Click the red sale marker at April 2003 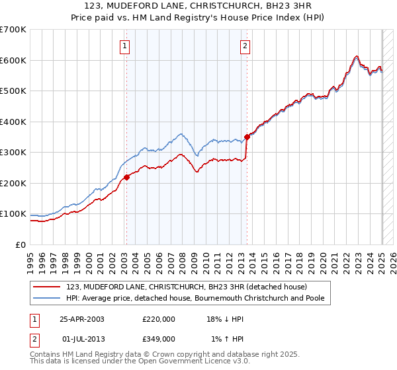point(126,176)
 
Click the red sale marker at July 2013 point(247,137)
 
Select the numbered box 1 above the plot point(125,46)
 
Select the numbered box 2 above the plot point(245,46)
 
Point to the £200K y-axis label point(13,183)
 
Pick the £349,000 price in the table point(159,338)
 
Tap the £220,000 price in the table point(159,318)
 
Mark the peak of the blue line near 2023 point(357,56)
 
